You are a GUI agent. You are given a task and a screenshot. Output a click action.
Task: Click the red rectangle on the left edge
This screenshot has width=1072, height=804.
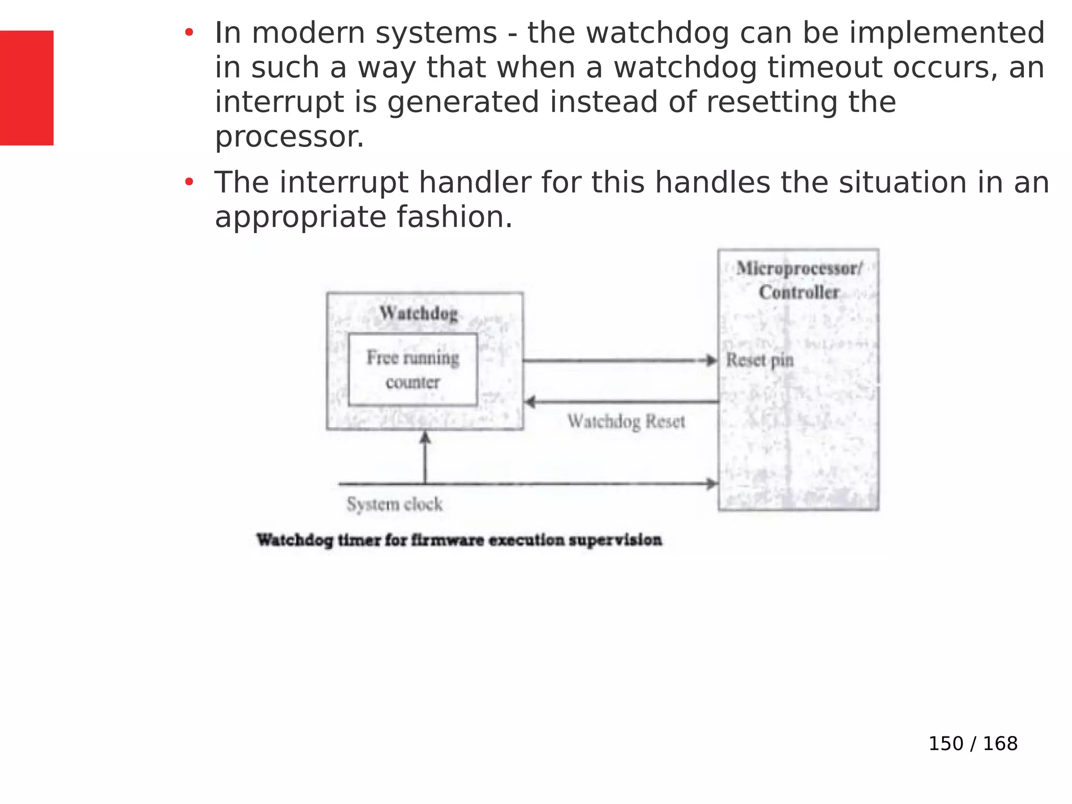tap(27, 88)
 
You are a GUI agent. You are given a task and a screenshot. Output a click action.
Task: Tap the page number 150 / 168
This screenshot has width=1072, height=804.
tap(973, 743)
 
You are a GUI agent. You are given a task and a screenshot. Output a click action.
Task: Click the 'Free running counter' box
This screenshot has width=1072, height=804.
tap(413, 370)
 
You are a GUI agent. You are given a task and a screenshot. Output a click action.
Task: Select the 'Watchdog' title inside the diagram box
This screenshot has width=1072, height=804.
tap(419, 313)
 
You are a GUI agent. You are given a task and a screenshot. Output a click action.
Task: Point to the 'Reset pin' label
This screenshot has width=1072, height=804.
tap(760, 360)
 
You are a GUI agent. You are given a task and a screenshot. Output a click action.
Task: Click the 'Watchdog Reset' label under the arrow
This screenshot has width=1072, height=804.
tap(627, 421)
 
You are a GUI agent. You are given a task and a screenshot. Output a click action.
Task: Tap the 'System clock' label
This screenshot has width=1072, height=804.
tap(395, 504)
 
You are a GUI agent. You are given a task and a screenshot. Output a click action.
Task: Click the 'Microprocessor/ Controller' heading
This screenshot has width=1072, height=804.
tap(799, 280)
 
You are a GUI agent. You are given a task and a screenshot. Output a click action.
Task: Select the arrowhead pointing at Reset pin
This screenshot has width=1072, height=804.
tap(711, 360)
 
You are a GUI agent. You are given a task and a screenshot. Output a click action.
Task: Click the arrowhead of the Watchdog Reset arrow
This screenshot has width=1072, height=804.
tap(530, 402)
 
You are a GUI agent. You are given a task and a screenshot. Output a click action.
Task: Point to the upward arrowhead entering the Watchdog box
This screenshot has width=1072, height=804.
tap(425, 437)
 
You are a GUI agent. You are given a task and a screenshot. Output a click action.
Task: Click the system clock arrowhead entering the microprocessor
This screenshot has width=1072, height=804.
tap(712, 484)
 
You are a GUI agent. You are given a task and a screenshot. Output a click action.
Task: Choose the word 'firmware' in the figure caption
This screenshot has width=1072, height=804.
tap(448, 540)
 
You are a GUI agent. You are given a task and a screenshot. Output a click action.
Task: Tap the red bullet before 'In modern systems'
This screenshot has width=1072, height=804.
tap(189, 33)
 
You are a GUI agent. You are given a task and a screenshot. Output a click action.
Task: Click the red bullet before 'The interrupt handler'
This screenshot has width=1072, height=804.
tap(189, 183)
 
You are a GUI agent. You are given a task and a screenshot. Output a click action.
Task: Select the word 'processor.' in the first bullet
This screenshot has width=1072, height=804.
tap(289, 137)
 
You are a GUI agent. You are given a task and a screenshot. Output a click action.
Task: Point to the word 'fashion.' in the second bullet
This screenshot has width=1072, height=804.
tap(454, 217)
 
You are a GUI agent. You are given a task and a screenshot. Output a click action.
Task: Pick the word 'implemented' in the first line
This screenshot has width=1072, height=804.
tap(947, 33)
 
